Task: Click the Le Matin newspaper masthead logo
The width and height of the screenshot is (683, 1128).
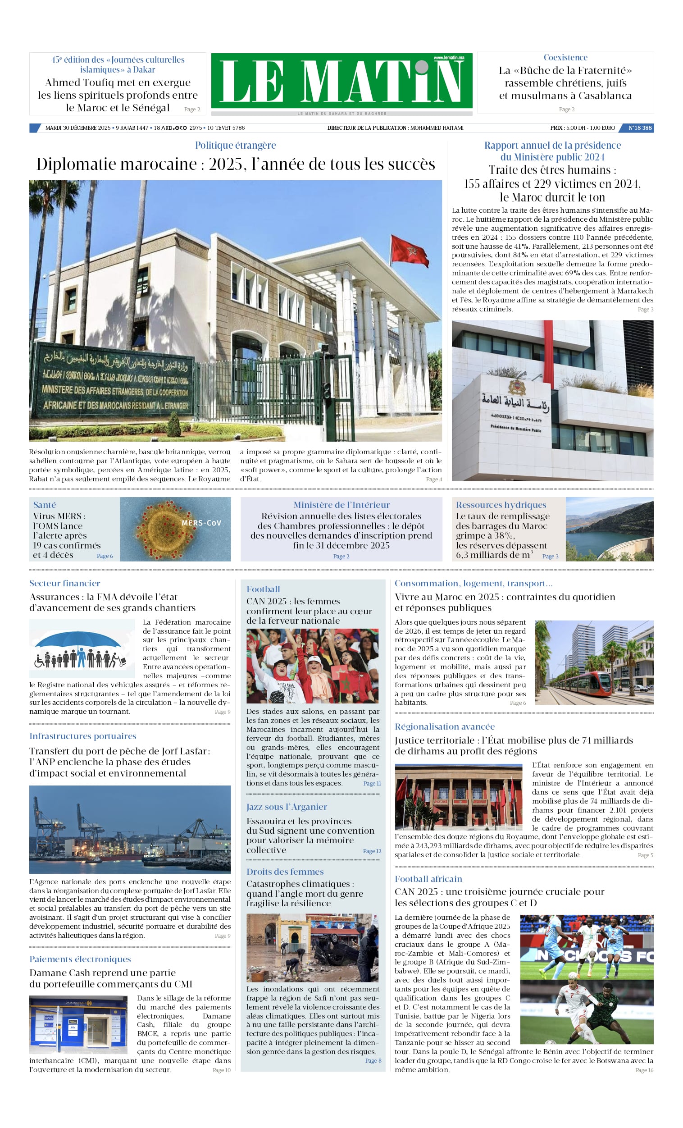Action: click(341, 81)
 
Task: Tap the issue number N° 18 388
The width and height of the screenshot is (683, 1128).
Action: click(639, 128)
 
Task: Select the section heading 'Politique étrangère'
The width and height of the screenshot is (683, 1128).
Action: click(235, 145)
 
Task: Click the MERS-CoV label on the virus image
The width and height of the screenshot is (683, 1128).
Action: click(201, 523)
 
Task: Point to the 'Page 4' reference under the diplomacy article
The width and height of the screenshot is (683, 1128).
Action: click(433, 480)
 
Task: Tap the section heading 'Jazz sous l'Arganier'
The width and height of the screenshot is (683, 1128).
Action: click(287, 807)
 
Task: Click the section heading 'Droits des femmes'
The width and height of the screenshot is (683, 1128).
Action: click(285, 872)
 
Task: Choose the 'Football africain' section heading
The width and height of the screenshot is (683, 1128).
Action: click(428, 878)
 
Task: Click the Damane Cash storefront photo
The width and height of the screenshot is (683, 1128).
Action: click(78, 1024)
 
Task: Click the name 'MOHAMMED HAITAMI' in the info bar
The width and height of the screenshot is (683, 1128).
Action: click(436, 128)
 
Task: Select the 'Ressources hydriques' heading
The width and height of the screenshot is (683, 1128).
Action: click(501, 504)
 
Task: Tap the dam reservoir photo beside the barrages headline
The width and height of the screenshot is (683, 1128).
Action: click(609, 529)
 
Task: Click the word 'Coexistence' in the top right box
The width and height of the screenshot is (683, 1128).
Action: click(565, 57)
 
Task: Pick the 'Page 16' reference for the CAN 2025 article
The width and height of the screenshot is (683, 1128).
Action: click(644, 1070)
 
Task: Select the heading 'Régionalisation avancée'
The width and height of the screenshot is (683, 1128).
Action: click(445, 726)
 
